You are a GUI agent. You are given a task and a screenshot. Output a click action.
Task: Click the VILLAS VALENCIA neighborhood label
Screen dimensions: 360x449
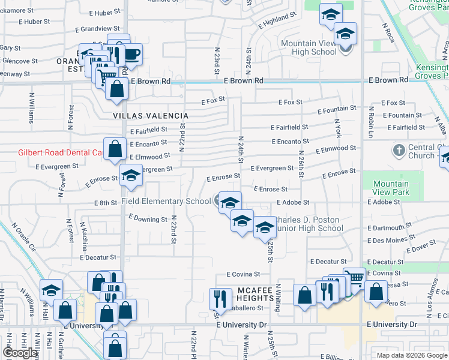coord(151,116)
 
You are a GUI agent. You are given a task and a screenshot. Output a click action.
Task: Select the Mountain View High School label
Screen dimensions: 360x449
coord(309,47)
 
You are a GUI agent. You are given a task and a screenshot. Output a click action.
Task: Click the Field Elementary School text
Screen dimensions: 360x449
coord(166,202)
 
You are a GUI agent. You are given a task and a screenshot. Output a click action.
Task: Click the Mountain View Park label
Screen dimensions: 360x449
coord(391,188)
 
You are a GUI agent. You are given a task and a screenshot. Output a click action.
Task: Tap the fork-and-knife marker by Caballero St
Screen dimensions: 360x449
coord(221,298)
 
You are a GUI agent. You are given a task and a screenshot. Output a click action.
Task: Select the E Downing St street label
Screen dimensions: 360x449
coord(148,219)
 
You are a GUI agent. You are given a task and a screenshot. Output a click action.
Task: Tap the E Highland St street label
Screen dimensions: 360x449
coord(278,22)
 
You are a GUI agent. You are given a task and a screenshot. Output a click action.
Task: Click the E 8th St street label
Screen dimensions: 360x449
coord(105,203)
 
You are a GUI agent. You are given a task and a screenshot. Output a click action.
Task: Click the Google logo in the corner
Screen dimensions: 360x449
coord(20,353)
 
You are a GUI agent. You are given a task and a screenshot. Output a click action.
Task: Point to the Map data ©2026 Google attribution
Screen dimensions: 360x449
coord(411,355)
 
